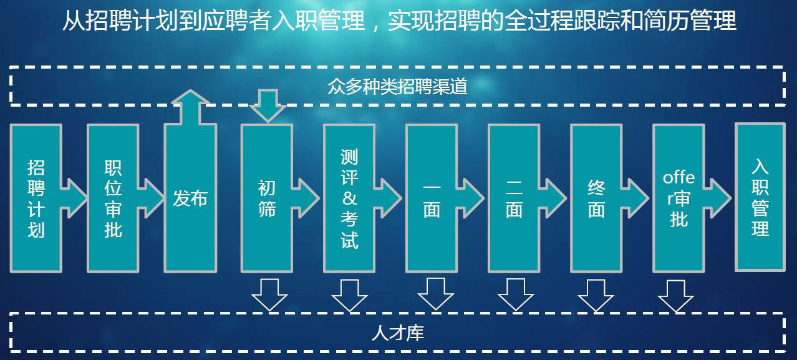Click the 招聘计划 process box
pyautogui.click(x=36, y=198)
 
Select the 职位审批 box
pyautogui.click(x=113, y=198)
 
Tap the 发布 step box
pyautogui.click(x=190, y=198)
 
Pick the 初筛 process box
pyautogui.click(x=267, y=198)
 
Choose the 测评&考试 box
pyautogui.click(x=349, y=198)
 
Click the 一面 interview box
pyautogui.click(x=432, y=198)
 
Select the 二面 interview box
pyautogui.click(x=514, y=198)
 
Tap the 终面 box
pyautogui.click(x=596, y=198)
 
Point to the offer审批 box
pyautogui.click(x=679, y=198)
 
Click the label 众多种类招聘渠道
pyautogui.click(x=397, y=86)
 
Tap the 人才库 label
pyautogui.click(x=397, y=333)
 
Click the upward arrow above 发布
pyautogui.click(x=190, y=104)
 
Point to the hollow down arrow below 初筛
pyautogui.click(x=269, y=295)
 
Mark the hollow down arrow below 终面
pyautogui.click(x=596, y=295)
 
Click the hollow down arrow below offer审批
pyautogui.click(x=676, y=295)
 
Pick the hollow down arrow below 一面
pyautogui.click(x=435, y=295)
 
